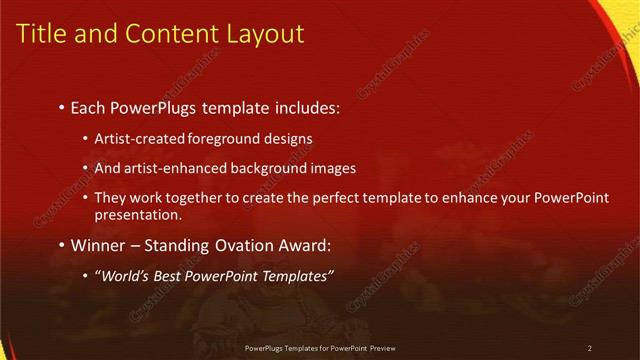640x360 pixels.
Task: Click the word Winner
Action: pos(99,243)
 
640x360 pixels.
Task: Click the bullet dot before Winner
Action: pos(61,244)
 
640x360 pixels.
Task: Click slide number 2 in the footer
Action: pos(590,348)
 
